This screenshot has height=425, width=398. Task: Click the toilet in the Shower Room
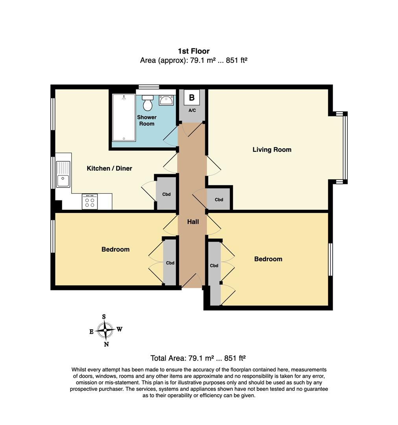148,103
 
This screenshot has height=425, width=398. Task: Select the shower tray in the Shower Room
124,117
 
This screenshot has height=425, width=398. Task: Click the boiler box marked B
192,98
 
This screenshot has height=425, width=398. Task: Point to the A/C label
192,111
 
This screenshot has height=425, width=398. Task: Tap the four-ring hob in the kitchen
90,202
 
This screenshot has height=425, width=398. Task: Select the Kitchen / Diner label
109,168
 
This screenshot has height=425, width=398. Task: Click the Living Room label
272,150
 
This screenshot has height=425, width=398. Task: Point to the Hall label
193,222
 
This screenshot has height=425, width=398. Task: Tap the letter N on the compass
106,345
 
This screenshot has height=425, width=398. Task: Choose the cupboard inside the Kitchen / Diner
166,194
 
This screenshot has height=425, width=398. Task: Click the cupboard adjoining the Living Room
219,200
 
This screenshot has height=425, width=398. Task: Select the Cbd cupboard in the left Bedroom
170,262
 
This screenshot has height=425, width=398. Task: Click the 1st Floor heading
193,51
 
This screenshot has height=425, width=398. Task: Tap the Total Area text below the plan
198,358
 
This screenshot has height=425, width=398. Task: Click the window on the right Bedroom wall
330,259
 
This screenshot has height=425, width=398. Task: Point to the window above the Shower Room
149,87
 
